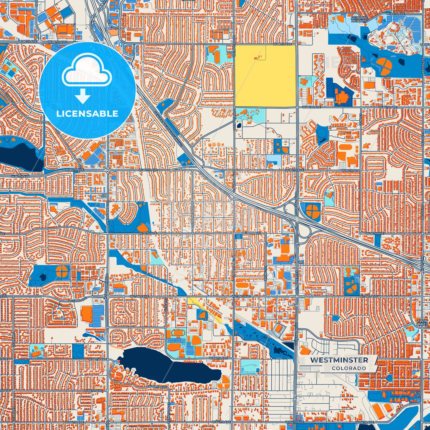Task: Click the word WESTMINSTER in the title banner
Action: (x=339, y=360)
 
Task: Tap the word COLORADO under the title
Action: (x=349, y=368)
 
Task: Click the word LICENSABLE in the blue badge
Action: (x=87, y=113)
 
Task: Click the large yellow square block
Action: (x=265, y=76)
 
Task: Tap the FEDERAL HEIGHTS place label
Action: (x=359, y=19)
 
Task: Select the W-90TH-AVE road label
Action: (x=396, y=14)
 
